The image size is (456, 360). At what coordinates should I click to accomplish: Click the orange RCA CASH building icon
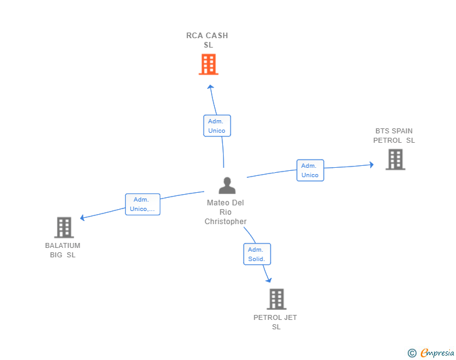coord(209,64)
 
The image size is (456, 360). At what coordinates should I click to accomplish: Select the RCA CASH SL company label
coord(207,40)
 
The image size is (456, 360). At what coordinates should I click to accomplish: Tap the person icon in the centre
coord(227,185)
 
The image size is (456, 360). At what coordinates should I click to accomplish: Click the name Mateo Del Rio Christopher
coord(225,212)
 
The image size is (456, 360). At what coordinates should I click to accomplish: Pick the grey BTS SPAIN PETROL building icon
coord(395,159)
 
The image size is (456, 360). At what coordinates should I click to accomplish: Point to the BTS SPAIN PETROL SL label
coord(394,136)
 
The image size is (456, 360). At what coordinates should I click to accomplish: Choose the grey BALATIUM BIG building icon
coord(64,227)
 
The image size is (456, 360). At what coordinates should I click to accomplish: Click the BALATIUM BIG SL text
coord(63,250)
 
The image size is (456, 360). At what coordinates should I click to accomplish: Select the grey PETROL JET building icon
coord(276,299)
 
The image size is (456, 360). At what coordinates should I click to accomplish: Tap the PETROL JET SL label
coord(276,322)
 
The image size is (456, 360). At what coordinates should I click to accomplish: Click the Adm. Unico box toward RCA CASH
coord(217,126)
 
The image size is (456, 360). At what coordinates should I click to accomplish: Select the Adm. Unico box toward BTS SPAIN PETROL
coord(310,170)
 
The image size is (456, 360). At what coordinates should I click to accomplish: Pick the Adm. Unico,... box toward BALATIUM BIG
coord(143,204)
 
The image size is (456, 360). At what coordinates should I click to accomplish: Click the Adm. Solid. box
coord(256,254)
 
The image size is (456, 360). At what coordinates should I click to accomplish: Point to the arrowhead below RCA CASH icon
coord(210,87)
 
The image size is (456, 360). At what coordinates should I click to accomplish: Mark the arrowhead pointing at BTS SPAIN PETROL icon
coord(371,165)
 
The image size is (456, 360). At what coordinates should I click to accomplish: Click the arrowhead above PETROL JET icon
coord(269,279)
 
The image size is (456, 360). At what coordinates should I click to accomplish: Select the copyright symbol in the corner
coord(412,353)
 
